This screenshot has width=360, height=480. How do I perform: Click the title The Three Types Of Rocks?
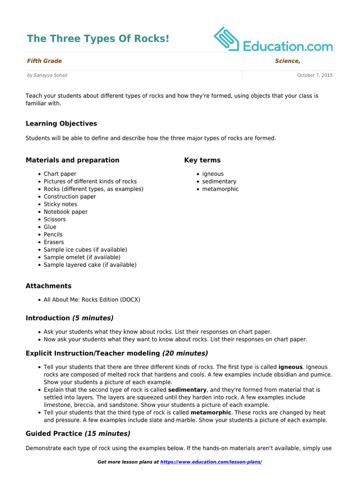[x=98, y=38]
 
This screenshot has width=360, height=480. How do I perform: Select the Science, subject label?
[x=287, y=61]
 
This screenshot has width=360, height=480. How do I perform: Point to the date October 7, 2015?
[x=315, y=75]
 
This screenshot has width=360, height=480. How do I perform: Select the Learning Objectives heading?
[x=61, y=124]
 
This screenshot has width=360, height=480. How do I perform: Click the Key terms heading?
[x=202, y=160]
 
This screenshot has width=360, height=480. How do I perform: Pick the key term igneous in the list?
[x=213, y=174]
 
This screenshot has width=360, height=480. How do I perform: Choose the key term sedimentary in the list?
[x=219, y=181]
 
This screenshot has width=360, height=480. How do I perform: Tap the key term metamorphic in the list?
[x=220, y=189]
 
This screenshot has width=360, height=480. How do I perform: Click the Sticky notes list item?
[x=60, y=204]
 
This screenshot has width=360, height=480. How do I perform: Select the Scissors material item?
[x=55, y=219]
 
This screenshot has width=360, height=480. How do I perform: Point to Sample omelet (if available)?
[x=82, y=257]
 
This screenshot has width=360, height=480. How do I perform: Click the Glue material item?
[x=50, y=227]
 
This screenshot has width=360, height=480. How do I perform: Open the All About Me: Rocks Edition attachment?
[x=92, y=300]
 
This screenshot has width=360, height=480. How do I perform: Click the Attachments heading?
[x=48, y=286]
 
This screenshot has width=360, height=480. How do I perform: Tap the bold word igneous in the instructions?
[x=290, y=367]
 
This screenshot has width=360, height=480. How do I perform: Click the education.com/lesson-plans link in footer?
[x=211, y=462]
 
